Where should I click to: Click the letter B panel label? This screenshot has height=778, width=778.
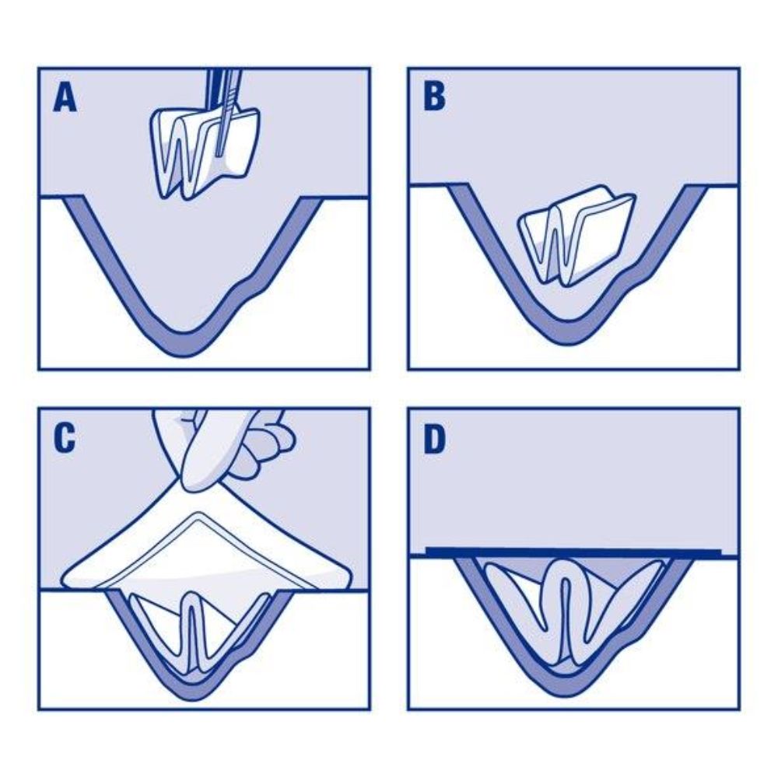pos(435,96)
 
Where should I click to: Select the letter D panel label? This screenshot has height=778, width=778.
pos(435,439)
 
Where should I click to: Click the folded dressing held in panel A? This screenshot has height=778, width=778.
pos(204,151)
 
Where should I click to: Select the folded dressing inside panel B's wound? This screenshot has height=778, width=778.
pos(576,237)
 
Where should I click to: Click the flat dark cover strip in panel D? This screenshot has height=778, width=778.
pos(573,552)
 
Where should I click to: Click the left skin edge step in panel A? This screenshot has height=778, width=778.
pos(72,198)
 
